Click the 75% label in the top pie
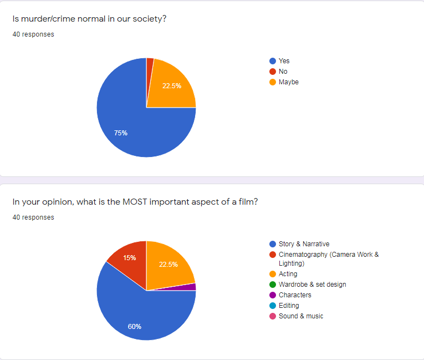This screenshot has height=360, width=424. pyautogui.click(x=121, y=133)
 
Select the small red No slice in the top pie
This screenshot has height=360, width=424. pyautogui.click(x=150, y=63)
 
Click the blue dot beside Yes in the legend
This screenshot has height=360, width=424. pyautogui.click(x=272, y=61)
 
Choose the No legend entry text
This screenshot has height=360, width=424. pyautogui.click(x=283, y=72)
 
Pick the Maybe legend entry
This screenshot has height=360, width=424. pyautogui.click(x=288, y=82)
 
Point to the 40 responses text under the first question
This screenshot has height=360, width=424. pyautogui.click(x=33, y=34)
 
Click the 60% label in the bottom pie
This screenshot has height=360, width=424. pyautogui.click(x=135, y=326)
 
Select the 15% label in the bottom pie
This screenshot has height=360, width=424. pyautogui.click(x=130, y=258)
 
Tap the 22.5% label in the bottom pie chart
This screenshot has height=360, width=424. pyautogui.click(x=168, y=265)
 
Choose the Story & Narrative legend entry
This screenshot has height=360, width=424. pyautogui.click(x=304, y=244)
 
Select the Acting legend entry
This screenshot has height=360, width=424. pyautogui.click(x=288, y=274)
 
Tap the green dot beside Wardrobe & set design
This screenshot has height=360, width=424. pyautogui.click(x=272, y=285)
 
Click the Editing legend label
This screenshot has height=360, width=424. pyautogui.click(x=289, y=306)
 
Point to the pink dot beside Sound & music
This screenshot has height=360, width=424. pyautogui.click(x=272, y=316)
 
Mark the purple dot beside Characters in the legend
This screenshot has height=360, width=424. pyautogui.click(x=272, y=295)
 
